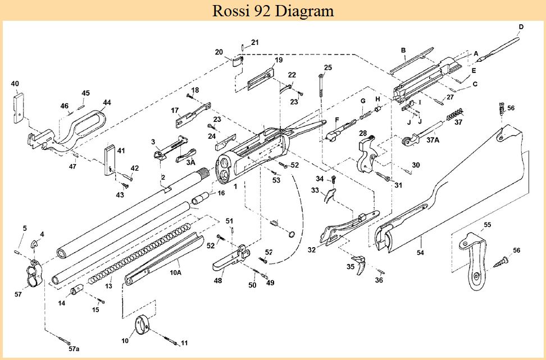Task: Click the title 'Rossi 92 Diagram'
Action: (273, 10)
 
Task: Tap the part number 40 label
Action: (15, 84)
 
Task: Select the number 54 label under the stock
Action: (420, 253)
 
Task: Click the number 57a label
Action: (74, 349)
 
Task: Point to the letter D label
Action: (521, 26)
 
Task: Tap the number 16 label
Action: (221, 193)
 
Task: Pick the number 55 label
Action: (488, 225)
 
